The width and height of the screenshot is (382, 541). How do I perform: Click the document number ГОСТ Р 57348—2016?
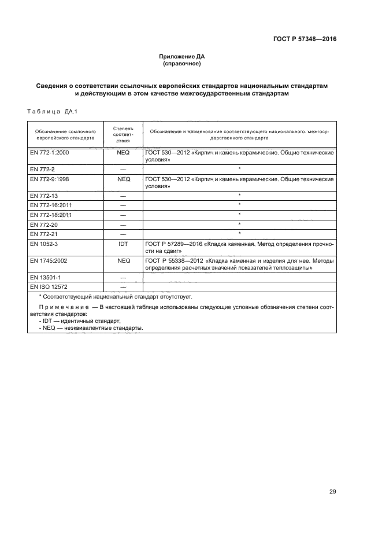coord(305,40)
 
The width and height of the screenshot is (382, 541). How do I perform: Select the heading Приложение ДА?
coord(182,56)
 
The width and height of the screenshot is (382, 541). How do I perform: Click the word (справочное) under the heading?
coord(182,64)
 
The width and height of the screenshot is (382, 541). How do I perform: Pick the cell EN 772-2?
coord(42,168)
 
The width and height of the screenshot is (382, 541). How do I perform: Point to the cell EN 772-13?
coord(43,196)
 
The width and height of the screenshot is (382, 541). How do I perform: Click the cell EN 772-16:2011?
coord(51,205)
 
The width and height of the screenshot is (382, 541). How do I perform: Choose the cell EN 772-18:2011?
coord(51,214)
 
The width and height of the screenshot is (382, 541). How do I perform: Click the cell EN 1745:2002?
coord(47,260)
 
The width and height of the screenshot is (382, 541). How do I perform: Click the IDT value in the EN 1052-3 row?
coord(123,244)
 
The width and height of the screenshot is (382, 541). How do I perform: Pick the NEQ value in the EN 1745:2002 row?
coord(123,260)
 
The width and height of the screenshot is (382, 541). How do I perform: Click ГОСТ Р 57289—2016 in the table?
coord(173,244)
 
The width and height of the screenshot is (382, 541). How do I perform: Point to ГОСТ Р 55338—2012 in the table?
coord(173,260)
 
